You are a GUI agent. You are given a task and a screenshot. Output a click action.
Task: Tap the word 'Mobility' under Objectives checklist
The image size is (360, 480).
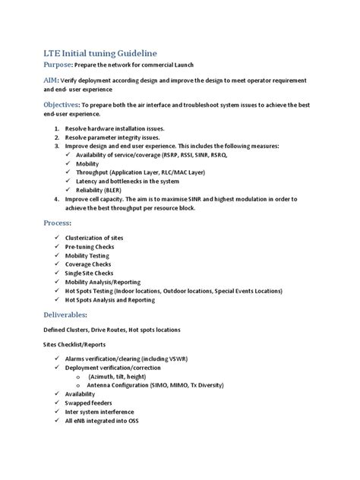point(88,163)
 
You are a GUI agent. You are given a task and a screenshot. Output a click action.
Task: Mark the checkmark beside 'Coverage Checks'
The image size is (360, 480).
point(58,264)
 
